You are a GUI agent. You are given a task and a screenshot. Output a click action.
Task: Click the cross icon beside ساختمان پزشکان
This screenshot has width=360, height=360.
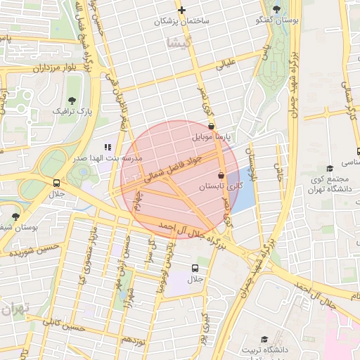(182, 10)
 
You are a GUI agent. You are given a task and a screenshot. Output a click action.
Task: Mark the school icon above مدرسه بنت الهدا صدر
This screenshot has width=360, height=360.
(108, 147)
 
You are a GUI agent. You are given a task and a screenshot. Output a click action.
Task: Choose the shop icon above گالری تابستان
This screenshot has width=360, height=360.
(221, 174)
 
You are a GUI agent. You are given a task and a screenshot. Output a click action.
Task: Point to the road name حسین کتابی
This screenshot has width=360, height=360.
(63, 326)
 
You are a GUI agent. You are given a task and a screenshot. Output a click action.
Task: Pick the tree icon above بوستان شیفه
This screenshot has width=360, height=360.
(15, 216)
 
